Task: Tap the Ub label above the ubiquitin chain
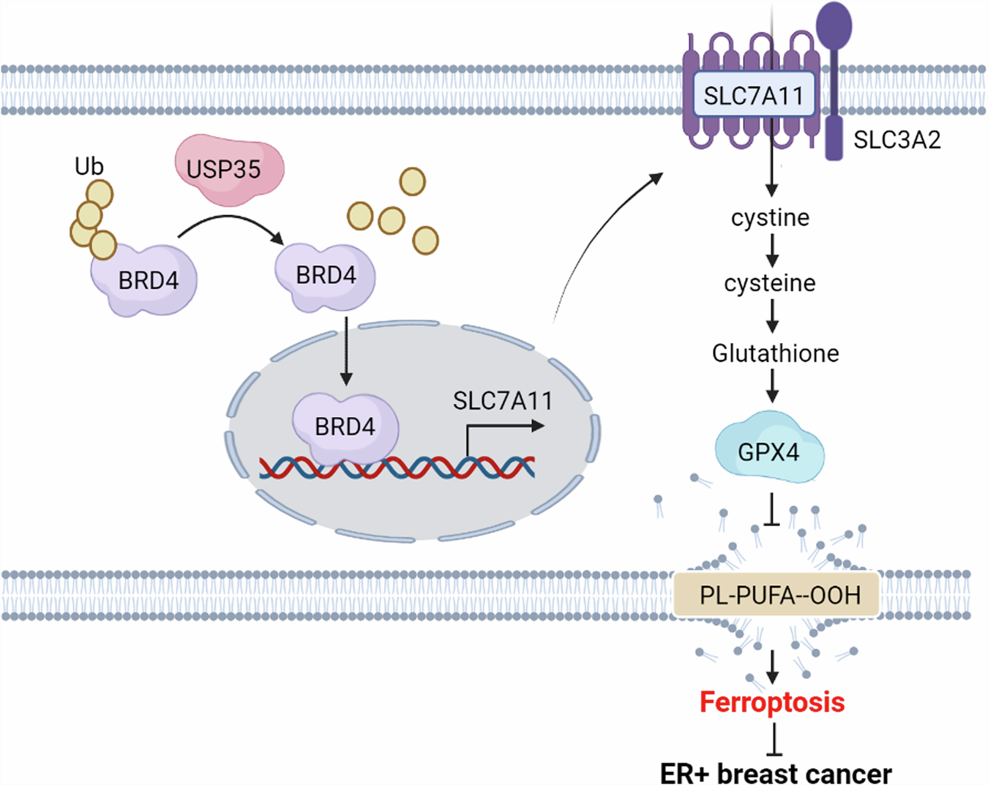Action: [x=89, y=167]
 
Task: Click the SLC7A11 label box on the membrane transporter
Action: [x=753, y=95]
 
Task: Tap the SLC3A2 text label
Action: [x=897, y=140]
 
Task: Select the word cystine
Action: [x=770, y=217]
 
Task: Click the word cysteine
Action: [x=770, y=283]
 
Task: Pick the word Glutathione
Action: [x=775, y=353]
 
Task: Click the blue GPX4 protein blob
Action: [x=768, y=451]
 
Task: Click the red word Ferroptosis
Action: [x=772, y=702]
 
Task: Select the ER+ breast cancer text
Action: [x=776, y=773]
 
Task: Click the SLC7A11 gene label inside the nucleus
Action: [x=502, y=401]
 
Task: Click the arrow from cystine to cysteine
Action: [x=771, y=250]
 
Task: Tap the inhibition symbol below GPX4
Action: [x=771, y=511]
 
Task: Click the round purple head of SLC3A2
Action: [x=834, y=24]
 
